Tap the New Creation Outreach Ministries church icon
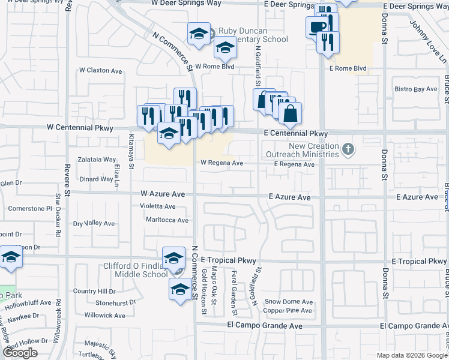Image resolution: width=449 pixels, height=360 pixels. click(x=347, y=148)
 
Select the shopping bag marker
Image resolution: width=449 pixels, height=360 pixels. click(x=290, y=113)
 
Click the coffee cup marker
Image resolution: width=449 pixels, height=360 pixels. click(x=316, y=26)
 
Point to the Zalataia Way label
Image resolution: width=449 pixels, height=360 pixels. click(x=98, y=160)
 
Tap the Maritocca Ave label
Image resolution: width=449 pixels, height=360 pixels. click(x=167, y=220)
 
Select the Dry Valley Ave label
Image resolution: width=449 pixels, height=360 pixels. click(x=94, y=224)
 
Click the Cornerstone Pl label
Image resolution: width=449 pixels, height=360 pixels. click(x=31, y=209)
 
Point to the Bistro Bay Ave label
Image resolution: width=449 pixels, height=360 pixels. click(x=416, y=89)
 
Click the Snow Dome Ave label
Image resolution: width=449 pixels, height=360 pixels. click(x=289, y=302)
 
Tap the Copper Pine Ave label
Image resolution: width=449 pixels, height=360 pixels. click(x=288, y=311)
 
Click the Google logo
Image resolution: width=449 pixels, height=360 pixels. click(x=20, y=353)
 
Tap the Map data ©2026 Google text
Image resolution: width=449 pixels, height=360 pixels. click(x=411, y=355)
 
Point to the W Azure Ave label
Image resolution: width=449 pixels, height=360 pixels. click(x=163, y=194)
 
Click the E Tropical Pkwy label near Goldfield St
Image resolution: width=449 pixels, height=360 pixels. click(x=229, y=260)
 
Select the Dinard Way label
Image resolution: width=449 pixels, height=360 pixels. click(x=97, y=179)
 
